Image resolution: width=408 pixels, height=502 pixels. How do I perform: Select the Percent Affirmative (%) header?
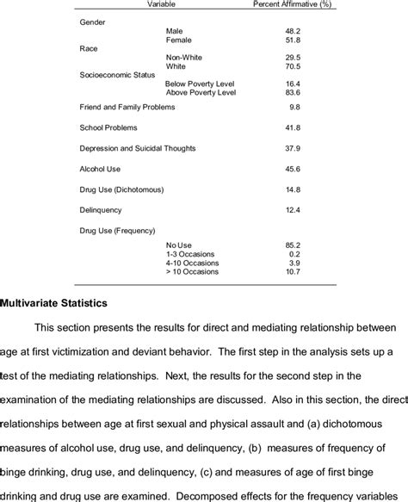click(x=294, y=5)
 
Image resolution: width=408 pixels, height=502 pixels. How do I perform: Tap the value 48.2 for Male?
click(x=293, y=30)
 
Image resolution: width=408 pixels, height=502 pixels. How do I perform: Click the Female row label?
click(x=178, y=40)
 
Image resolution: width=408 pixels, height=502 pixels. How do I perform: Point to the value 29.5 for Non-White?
click(x=293, y=59)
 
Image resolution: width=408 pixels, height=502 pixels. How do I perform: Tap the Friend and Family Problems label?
click(x=127, y=107)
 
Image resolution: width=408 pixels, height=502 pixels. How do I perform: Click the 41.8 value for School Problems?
click(x=293, y=127)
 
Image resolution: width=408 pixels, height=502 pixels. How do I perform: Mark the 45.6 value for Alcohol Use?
click(x=293, y=169)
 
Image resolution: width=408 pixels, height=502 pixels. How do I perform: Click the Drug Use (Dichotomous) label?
click(x=121, y=189)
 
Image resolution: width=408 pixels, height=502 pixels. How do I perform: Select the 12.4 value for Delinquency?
click(x=293, y=210)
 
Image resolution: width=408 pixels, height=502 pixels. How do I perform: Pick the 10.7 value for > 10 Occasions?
click(x=293, y=272)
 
